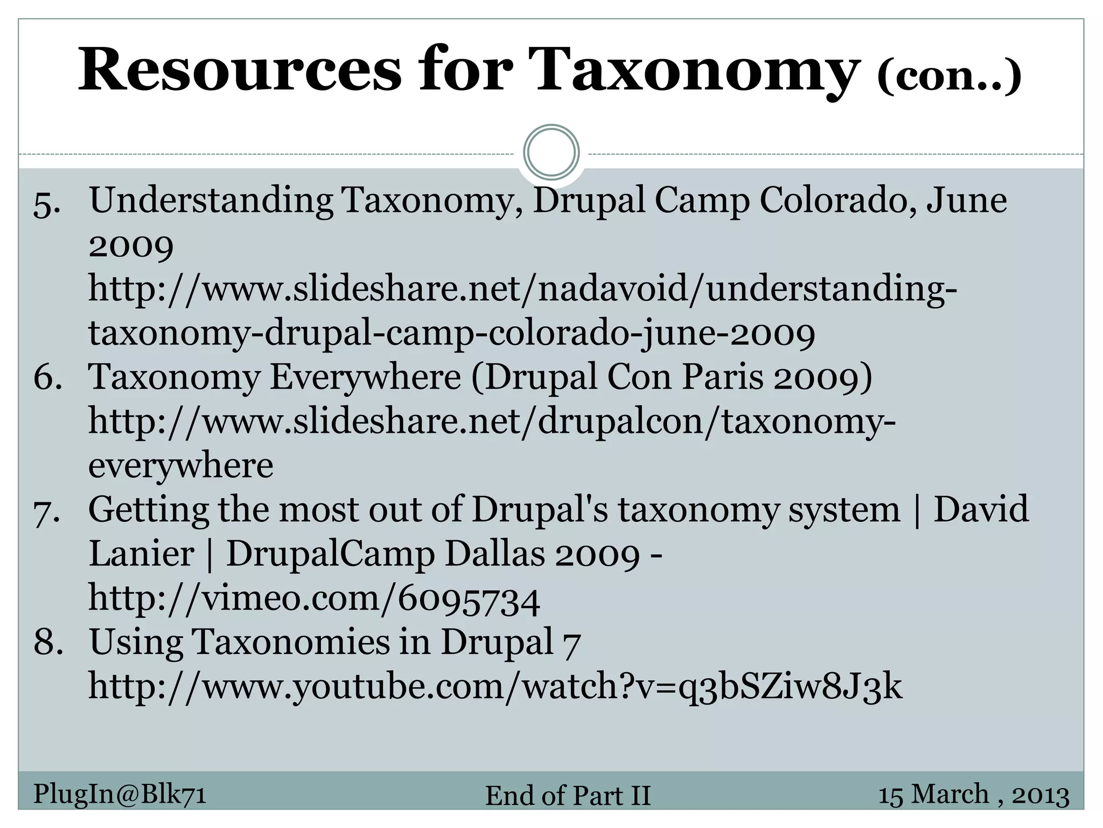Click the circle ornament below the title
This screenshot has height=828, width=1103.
pos(551,153)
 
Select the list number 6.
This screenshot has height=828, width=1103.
pos(47,377)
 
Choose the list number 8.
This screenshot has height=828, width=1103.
pos(48,643)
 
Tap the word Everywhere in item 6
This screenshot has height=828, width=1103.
pos(365,377)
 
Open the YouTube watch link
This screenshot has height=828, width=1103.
pos(495,687)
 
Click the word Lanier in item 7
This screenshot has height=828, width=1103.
pos(141,554)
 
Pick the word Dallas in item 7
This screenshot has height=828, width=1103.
pos(495,554)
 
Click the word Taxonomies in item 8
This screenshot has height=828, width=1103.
pos(290,643)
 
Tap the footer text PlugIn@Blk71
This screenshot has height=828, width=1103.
pos(120,794)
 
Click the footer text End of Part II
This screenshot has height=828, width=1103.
pos(568,796)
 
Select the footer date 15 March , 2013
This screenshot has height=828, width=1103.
pos(973,795)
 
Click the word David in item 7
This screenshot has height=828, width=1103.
pos(981,509)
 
